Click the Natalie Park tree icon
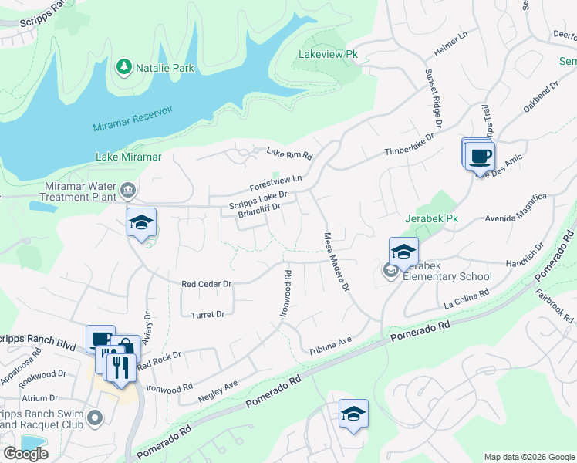(x=123, y=68)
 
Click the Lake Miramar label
(x=128, y=157)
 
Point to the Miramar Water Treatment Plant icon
(x=128, y=190)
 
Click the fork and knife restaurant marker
(x=119, y=366)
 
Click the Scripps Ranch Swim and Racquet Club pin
(x=96, y=418)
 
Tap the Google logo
(x=25, y=454)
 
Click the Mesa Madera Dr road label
(x=337, y=262)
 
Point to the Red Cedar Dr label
(x=206, y=284)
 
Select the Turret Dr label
(x=208, y=314)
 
